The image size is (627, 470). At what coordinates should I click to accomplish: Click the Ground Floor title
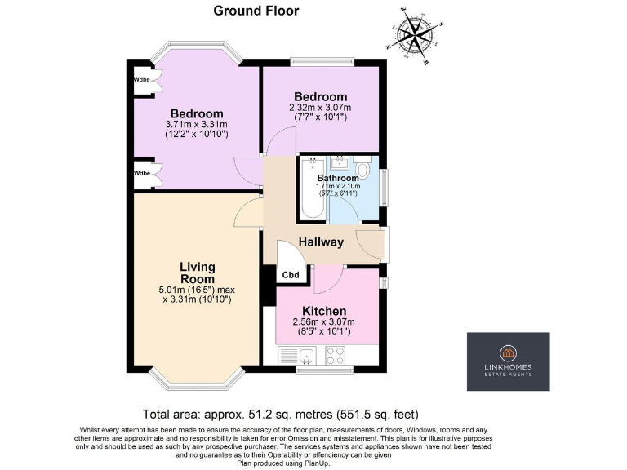point(256,11)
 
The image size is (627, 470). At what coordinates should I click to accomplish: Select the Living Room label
point(198,273)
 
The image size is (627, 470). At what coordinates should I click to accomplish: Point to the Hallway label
point(320,242)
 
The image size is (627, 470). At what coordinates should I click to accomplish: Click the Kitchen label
point(324,311)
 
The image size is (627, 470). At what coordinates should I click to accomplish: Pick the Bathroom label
point(338,178)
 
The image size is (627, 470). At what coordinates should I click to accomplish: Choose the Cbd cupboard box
point(291,275)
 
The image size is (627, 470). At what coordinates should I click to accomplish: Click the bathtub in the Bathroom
point(313,189)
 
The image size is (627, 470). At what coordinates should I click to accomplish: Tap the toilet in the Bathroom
point(364,172)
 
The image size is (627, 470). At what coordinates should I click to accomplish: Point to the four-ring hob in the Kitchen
point(335,356)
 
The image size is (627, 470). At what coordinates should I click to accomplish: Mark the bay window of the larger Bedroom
point(198,48)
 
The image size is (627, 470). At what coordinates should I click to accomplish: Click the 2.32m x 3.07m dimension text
point(319,108)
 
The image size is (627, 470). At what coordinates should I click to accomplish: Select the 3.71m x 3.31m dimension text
point(196,124)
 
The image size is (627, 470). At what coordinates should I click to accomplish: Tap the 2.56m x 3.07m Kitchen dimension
point(324,322)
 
